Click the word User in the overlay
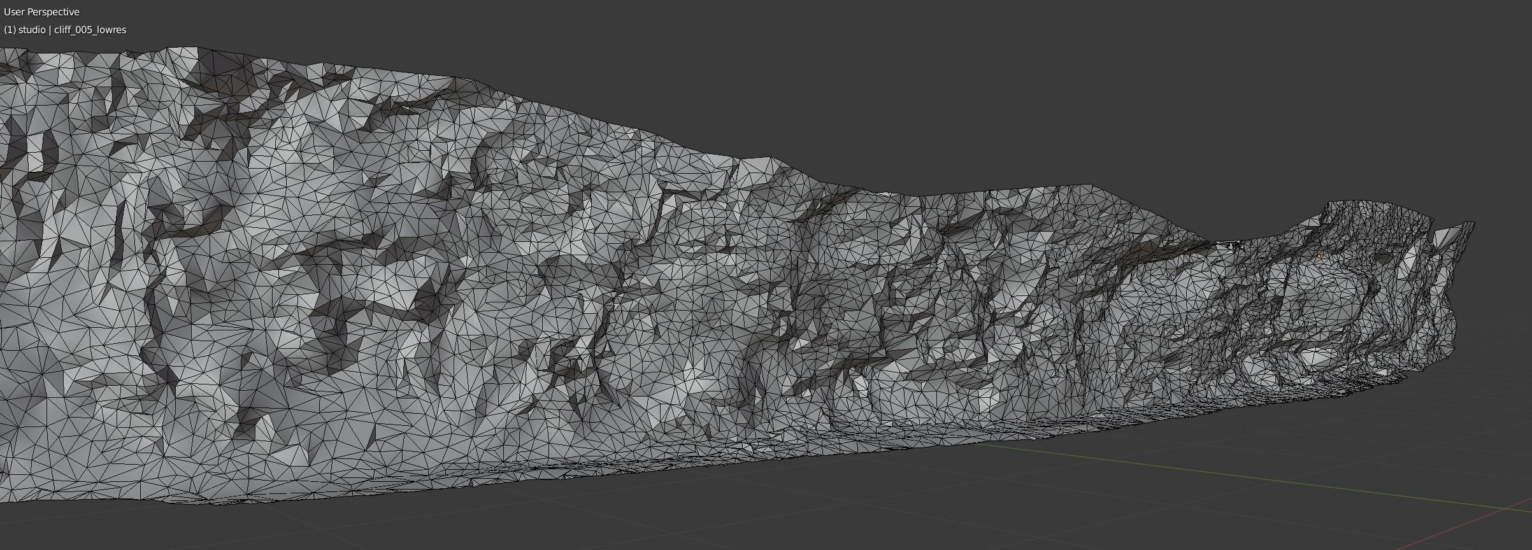(x=14, y=12)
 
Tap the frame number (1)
(x=10, y=30)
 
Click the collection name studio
(x=32, y=30)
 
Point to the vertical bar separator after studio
(x=50, y=30)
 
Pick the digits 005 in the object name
(x=83, y=30)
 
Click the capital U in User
(x=7, y=12)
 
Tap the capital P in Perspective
(x=31, y=12)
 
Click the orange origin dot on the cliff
(x=1319, y=256)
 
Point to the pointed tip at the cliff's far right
(x=1473, y=223)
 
